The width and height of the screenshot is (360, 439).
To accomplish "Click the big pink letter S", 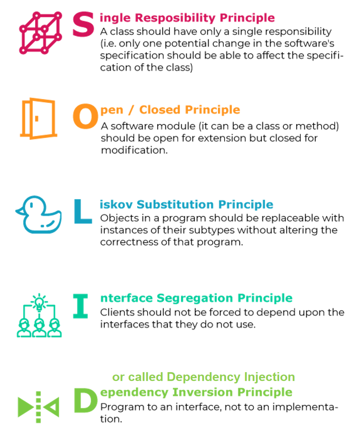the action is (x=83, y=24).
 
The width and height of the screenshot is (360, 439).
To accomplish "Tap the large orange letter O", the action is (x=85, y=116).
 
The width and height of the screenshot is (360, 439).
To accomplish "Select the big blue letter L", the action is (x=83, y=211).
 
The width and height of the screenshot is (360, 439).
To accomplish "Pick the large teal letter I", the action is (x=81, y=306).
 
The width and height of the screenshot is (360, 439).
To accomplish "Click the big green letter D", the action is (x=86, y=401).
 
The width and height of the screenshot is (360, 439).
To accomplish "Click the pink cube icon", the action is (x=40, y=33).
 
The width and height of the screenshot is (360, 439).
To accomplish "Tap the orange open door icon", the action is (x=38, y=119).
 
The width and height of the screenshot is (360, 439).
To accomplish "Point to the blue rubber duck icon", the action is (x=38, y=214).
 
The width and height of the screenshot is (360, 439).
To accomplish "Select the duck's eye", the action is (x=31, y=205).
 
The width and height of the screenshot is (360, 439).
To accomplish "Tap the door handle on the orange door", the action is (x=37, y=119).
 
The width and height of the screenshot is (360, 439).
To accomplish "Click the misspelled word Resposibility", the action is (x=175, y=18).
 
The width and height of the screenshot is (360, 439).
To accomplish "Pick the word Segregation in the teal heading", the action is (x=195, y=298).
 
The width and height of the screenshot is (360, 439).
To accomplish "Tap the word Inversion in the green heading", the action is (x=202, y=392).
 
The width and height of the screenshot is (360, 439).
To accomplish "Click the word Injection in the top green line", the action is (x=269, y=377).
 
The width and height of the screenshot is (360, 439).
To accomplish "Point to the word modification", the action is (x=134, y=150).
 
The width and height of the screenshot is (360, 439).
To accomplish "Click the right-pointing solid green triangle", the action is (x=24, y=407).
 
